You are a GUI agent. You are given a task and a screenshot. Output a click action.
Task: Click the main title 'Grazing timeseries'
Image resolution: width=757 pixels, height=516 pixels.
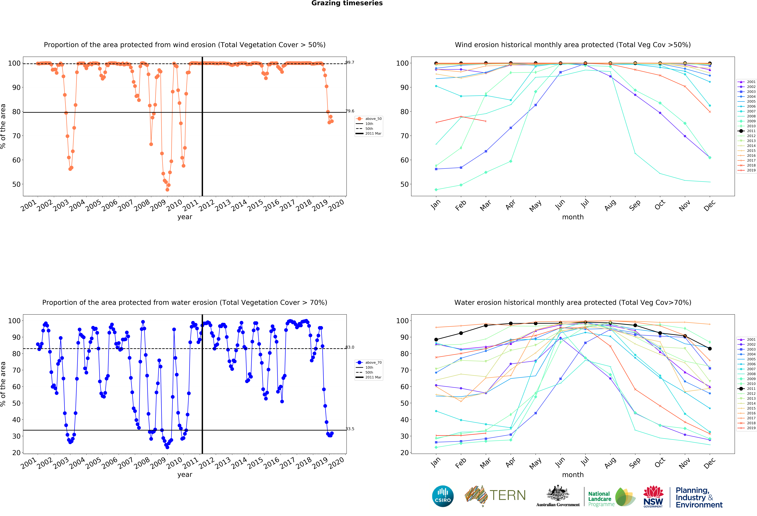pos(347,3)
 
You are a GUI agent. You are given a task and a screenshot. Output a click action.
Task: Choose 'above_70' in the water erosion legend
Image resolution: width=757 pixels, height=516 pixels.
pos(373,363)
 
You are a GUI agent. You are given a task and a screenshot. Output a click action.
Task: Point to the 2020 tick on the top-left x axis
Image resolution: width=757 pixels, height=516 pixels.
pos(336,205)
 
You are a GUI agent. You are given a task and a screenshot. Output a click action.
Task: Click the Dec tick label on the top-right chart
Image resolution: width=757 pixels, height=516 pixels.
pos(709,205)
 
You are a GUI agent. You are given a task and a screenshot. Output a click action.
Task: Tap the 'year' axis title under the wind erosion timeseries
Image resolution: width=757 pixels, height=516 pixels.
pos(185,217)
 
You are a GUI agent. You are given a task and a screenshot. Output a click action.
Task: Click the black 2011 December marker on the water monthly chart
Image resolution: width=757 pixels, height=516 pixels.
pos(710,349)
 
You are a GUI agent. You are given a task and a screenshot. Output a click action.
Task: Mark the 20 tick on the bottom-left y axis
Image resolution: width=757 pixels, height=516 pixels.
pos(16,453)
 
